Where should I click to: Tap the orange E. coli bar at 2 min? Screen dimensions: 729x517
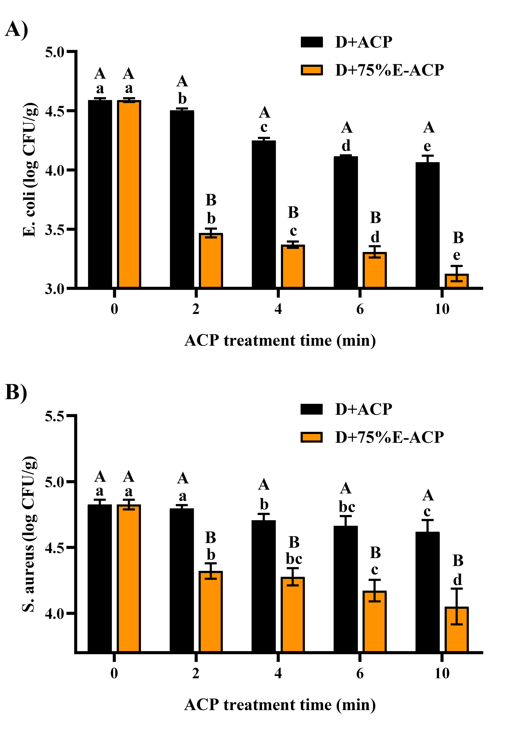(211, 260)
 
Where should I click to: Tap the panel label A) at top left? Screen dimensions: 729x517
(17, 29)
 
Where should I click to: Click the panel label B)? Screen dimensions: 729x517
(16, 392)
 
